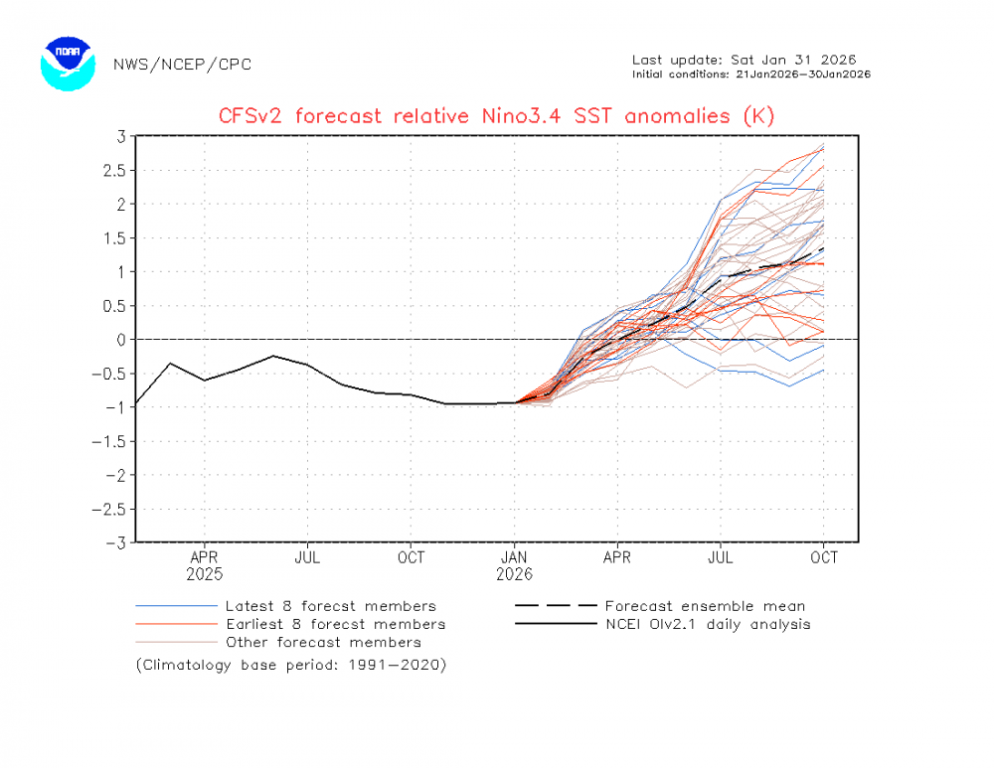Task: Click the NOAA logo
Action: pyautogui.click(x=68, y=65)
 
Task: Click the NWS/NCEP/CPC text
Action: pyautogui.click(x=182, y=65)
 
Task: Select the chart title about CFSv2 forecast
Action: pyautogui.click(x=496, y=116)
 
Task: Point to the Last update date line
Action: pyautogui.click(x=744, y=60)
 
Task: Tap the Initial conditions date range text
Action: pyautogui.click(x=751, y=75)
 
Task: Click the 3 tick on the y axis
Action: pyautogui.click(x=120, y=136)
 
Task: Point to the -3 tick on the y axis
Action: pyautogui.click(x=116, y=542)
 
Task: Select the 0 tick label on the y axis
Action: pyautogui.click(x=120, y=340)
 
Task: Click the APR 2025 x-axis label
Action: pyautogui.click(x=204, y=565)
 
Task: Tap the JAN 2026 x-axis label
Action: pyautogui.click(x=514, y=565)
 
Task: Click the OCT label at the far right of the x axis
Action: pyautogui.click(x=824, y=558)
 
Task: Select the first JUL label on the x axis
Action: pyautogui.click(x=307, y=558)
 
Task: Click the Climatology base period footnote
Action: pyautogui.click(x=291, y=665)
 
